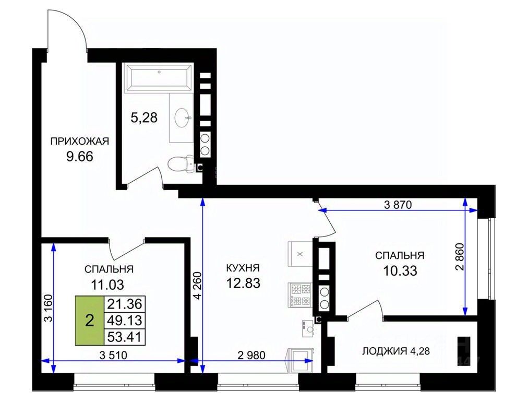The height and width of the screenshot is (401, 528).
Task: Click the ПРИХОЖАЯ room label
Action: pyautogui.click(x=80, y=141)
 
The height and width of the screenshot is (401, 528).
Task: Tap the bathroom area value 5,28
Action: pyautogui.click(x=144, y=117)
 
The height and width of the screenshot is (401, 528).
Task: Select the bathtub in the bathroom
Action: pyautogui.click(x=159, y=78)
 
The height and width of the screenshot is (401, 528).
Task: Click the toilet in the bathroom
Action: pyautogui.click(x=181, y=164)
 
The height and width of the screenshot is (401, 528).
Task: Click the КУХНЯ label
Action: pyautogui.click(x=243, y=268)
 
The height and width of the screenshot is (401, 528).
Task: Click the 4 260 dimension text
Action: pyautogui.click(x=197, y=286)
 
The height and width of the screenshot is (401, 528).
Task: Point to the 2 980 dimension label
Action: pyautogui.click(x=251, y=355)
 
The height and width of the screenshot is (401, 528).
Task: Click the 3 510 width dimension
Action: pyautogui.click(x=114, y=355)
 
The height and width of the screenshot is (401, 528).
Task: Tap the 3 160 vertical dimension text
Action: pyautogui.click(x=49, y=309)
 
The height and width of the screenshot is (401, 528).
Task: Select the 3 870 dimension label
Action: pyautogui.click(x=398, y=205)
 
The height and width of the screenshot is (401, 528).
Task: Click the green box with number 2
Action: pyautogui.click(x=90, y=321)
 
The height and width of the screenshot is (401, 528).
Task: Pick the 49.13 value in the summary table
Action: pyautogui.click(x=125, y=321)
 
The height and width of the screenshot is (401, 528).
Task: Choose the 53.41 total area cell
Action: pyautogui.click(x=125, y=337)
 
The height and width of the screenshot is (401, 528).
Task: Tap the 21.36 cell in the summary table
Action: pyautogui.click(x=125, y=304)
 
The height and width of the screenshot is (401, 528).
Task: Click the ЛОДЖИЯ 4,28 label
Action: pyautogui.click(x=396, y=351)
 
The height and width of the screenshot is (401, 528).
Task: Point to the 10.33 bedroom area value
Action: pyautogui.click(x=400, y=270)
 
